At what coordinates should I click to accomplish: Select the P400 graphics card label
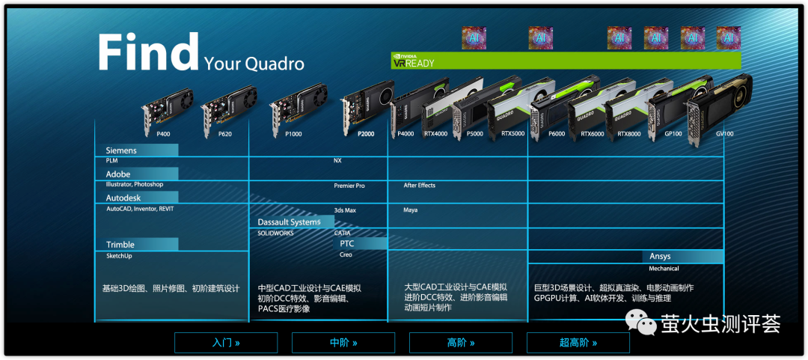click(163, 134)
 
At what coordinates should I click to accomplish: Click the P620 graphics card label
click(224, 134)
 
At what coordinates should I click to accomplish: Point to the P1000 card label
click(293, 134)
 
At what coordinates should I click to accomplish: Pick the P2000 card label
click(365, 134)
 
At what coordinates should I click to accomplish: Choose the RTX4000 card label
click(435, 134)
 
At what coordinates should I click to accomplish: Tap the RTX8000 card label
click(628, 134)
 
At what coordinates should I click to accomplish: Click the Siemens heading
click(121, 150)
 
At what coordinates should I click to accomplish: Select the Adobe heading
click(118, 174)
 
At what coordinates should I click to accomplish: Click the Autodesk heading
click(123, 198)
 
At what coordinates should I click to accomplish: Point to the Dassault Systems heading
click(289, 222)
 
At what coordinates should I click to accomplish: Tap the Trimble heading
click(120, 245)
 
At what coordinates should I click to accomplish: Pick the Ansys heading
click(660, 257)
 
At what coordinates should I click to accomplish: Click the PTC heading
click(347, 243)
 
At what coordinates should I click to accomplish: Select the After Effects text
click(419, 186)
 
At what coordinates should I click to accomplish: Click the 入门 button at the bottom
click(226, 343)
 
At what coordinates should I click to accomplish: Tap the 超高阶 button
click(578, 343)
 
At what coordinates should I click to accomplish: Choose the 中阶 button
click(343, 343)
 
